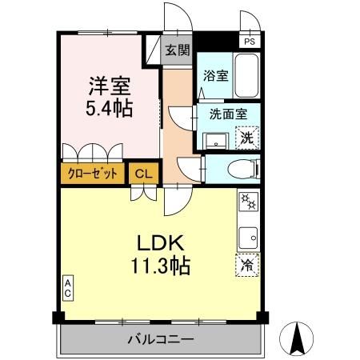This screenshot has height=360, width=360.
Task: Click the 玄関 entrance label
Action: [178, 51]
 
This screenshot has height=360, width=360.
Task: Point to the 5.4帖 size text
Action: [110, 106]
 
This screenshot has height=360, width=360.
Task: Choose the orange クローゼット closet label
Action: [94, 173]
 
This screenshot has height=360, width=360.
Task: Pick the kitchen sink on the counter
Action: [248, 236]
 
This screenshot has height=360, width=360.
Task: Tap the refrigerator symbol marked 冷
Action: [248, 265]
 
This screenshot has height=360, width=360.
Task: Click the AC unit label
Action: [69, 287]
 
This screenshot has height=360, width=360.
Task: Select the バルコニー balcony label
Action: [160, 340]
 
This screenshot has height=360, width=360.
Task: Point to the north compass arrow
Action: [300, 337]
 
